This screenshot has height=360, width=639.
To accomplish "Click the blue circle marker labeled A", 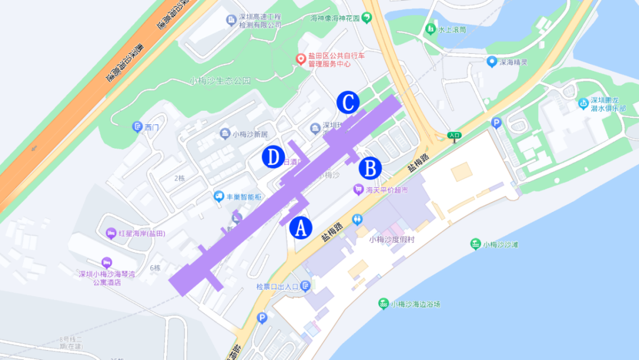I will pos(300,227).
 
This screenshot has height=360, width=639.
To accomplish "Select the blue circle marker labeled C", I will pos(348,102).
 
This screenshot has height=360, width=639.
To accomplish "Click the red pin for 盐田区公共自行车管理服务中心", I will pos(301,59).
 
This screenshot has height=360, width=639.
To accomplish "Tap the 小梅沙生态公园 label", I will pos(220,81).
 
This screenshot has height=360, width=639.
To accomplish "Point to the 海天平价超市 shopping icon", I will pos(357,190).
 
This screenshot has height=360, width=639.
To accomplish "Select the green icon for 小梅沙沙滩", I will pos(475,244).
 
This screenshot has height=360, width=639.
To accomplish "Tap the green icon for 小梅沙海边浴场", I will pos(383,304).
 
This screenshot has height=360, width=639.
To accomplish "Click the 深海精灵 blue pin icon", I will pos(491,61).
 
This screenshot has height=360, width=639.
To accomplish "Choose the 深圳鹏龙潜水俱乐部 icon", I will pos(583,104).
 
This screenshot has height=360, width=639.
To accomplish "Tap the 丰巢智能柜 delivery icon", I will pos(219,196).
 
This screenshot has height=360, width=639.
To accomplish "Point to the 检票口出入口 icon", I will pos(305,287).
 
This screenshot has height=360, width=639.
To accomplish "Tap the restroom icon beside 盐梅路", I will pos(357,218).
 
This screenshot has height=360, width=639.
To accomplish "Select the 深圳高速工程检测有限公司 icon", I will pos(231,21).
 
